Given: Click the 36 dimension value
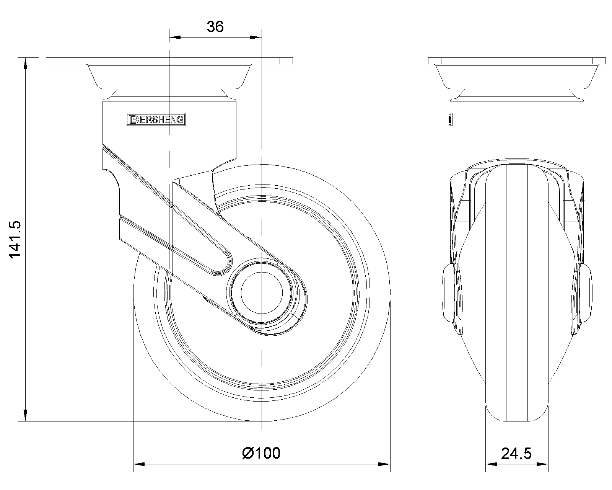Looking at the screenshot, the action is [215, 27].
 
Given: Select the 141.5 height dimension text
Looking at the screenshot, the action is [15, 239].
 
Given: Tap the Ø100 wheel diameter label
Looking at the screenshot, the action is [261, 453].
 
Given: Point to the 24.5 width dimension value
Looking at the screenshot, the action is [516, 454].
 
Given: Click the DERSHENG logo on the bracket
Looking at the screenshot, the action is [156, 119].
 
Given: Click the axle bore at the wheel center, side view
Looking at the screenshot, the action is [262, 293].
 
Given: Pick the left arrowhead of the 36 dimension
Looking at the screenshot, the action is [175, 37].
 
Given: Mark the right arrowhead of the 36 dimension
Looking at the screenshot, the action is [256, 37].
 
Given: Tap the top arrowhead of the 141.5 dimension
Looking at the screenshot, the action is [26, 63].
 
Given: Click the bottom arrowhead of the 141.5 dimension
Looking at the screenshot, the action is [26, 415].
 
